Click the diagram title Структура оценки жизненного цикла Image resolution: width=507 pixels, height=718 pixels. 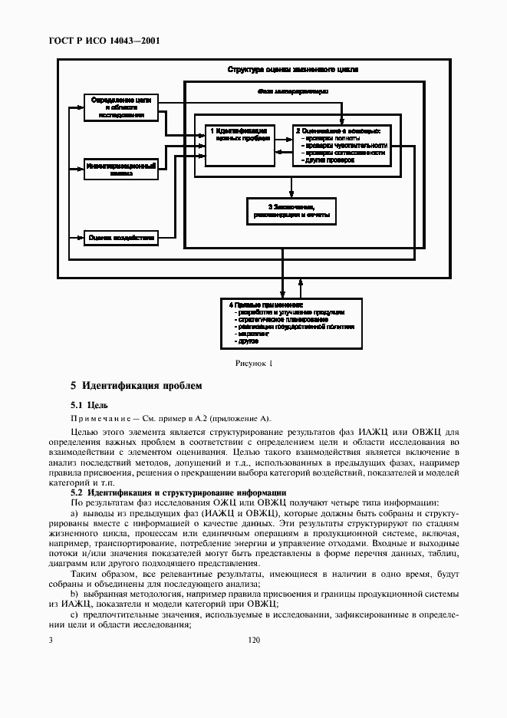pyautogui.click(x=292, y=70)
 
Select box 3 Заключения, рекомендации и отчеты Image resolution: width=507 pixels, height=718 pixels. pyautogui.click(x=291, y=211)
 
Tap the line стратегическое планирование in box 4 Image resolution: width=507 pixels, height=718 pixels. pyautogui.click(x=276, y=319)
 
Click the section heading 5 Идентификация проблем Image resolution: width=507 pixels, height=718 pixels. pyautogui.click(x=137, y=385)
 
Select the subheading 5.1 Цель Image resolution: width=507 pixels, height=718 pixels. pyautogui.click(x=89, y=404)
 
